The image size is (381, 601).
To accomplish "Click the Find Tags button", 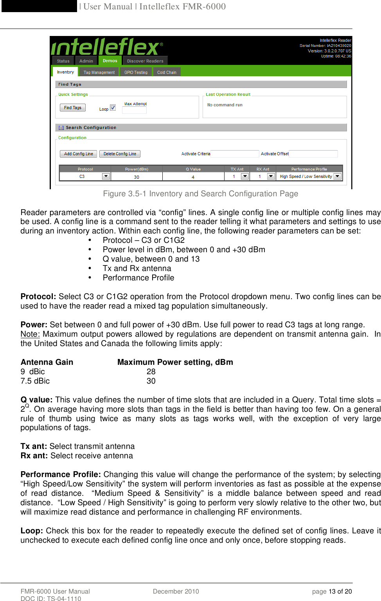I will pyautogui.click(x=72, y=108).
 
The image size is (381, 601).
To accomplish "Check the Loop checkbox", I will pyautogui.click(x=113, y=108).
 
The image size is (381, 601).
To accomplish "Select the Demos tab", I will pyautogui.click(x=110, y=61).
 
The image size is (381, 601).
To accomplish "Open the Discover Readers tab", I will pyautogui.click(x=145, y=61).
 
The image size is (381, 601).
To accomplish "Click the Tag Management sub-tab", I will pyautogui.click(x=99, y=72).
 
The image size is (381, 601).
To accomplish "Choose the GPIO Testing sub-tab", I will pyautogui.click(x=136, y=72).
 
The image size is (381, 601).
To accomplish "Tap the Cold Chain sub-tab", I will pyautogui.click(x=167, y=72).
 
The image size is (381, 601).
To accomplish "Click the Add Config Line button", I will pyautogui.click(x=78, y=154).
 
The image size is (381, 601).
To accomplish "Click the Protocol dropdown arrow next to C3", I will pyautogui.click(x=106, y=176).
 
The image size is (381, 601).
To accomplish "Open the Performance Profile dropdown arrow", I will pyautogui.click(x=337, y=176).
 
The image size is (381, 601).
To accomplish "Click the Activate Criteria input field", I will pyautogui.click(x=235, y=154).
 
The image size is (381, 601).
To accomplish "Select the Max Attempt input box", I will pyautogui.click(x=134, y=110).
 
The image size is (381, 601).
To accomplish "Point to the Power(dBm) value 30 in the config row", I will pyautogui.click(x=137, y=177).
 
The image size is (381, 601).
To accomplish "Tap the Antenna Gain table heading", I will pyautogui.click(x=47, y=362).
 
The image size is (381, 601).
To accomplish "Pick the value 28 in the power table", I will pyautogui.click(x=151, y=371).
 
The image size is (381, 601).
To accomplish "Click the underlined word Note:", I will pyautogui.click(x=30, y=334).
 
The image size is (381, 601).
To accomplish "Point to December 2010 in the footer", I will pyautogui.click(x=176, y=591).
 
